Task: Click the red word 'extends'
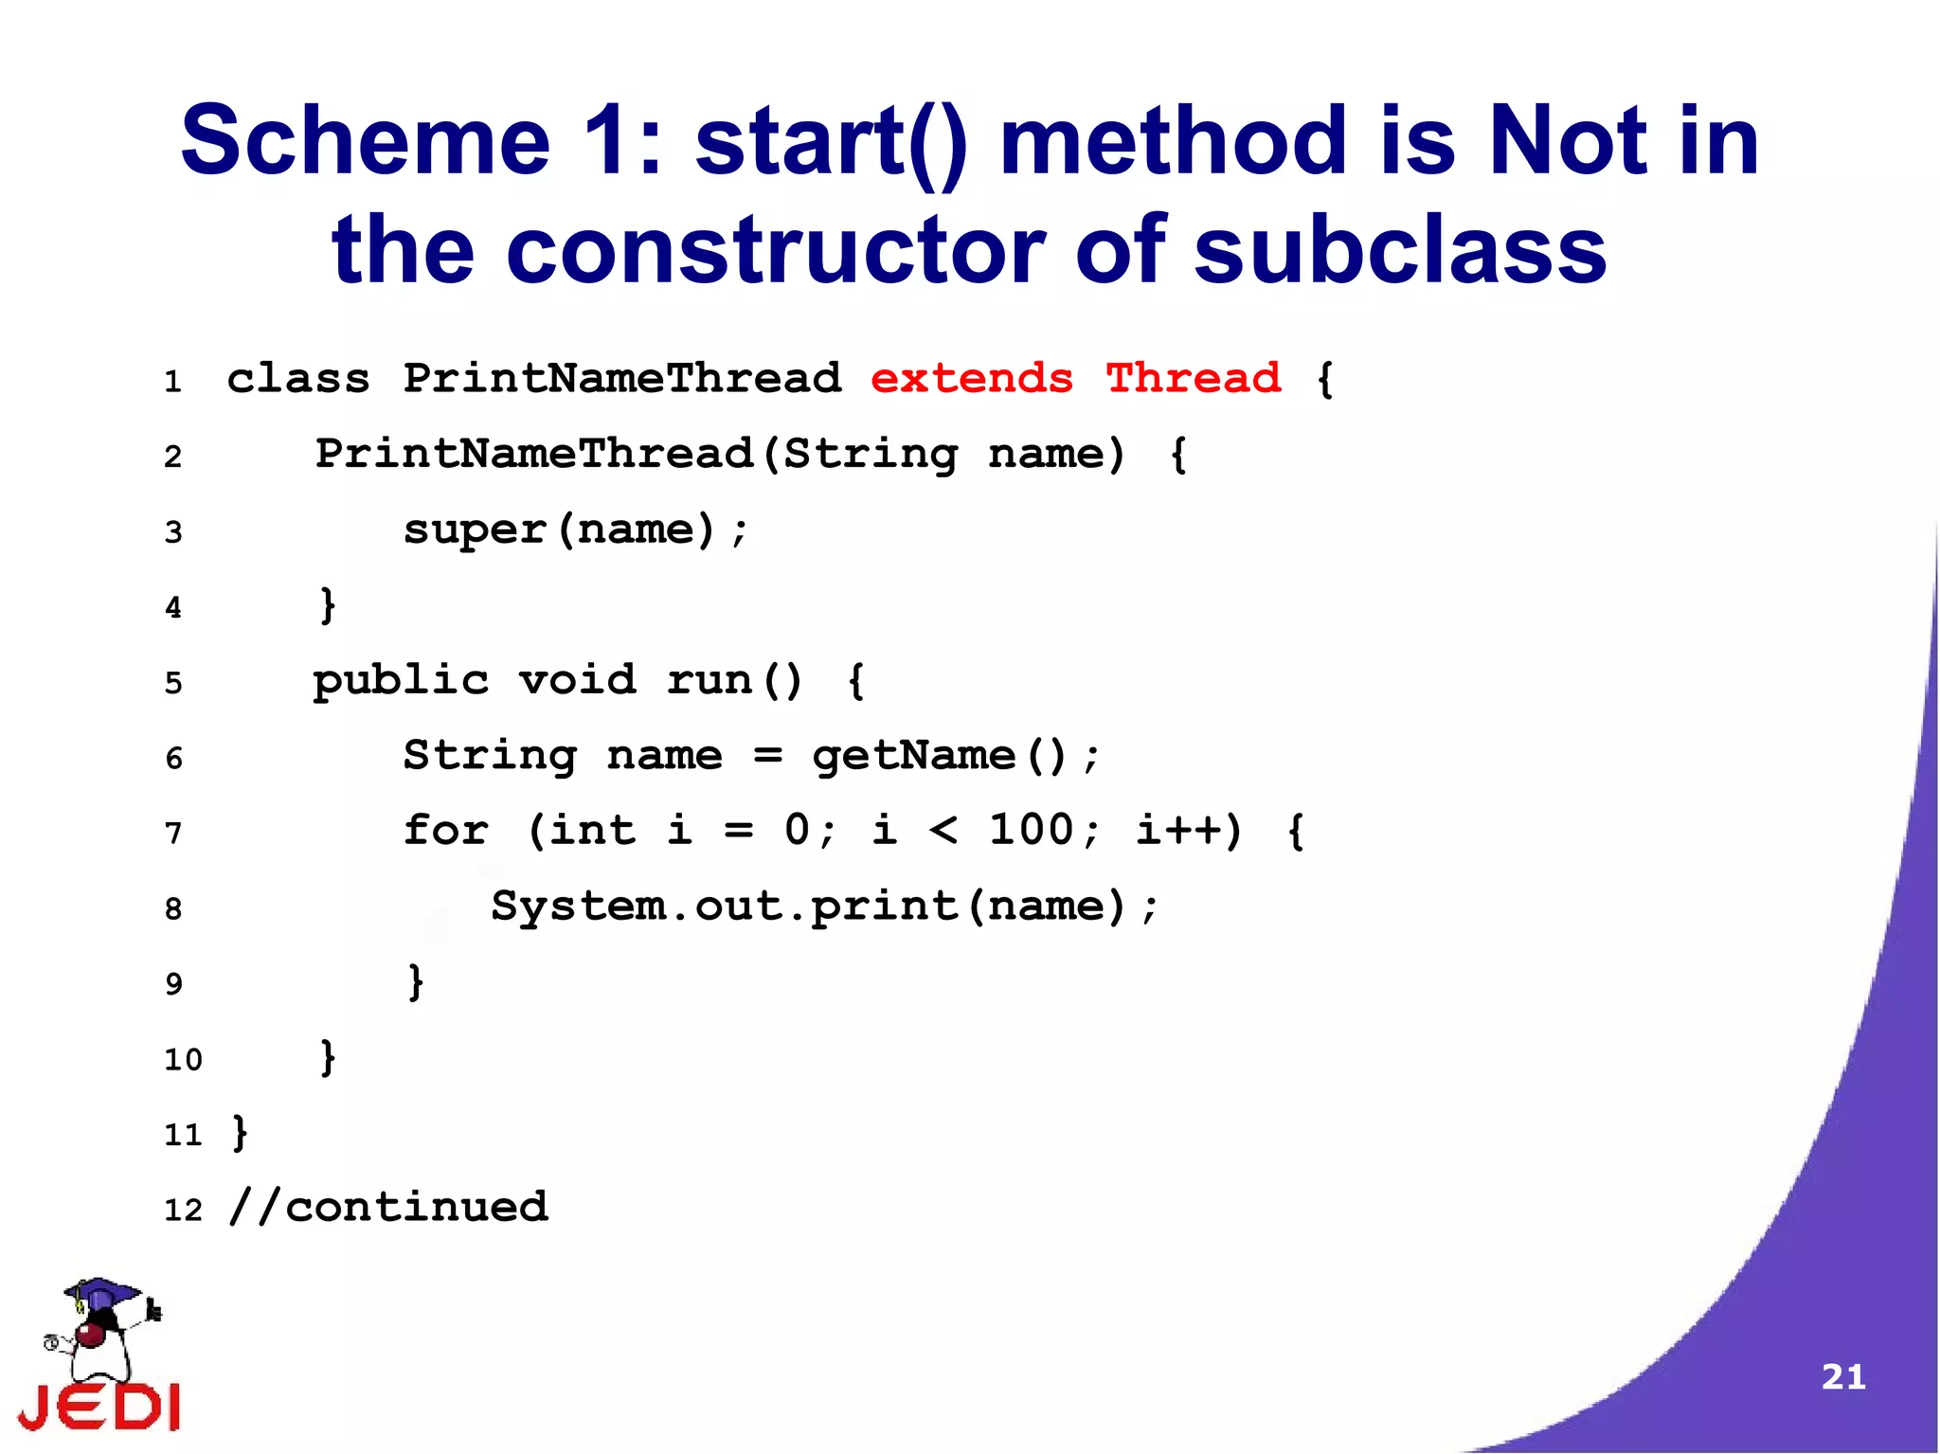click(x=971, y=379)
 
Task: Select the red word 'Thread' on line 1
click(x=1193, y=379)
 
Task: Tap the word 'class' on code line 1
click(x=298, y=379)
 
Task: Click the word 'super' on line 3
click(x=475, y=530)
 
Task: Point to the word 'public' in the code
click(x=401, y=681)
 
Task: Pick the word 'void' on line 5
click(x=577, y=680)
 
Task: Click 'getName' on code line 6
click(x=913, y=756)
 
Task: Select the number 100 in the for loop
click(x=1031, y=830)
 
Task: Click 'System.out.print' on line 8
click(x=725, y=907)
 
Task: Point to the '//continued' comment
click(x=388, y=1208)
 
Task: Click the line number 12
click(x=183, y=1210)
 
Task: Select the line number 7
click(x=173, y=834)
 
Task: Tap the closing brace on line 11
click(x=240, y=1133)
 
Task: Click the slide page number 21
click(x=1842, y=1376)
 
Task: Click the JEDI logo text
click(x=99, y=1407)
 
